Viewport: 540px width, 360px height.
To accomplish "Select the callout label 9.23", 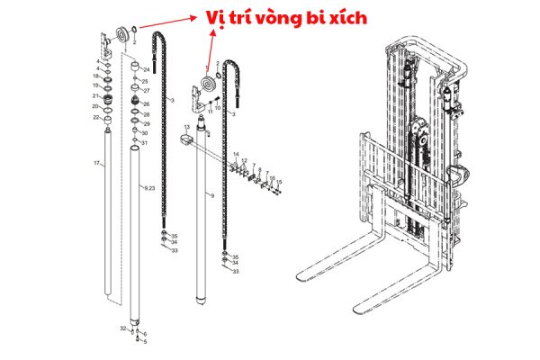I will coord(150,187).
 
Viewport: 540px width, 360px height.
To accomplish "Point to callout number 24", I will coord(147,69).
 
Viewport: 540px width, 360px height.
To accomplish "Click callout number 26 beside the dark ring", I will coord(146,103).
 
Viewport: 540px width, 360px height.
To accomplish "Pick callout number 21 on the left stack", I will coord(95,95).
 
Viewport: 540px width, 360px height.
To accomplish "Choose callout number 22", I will coord(95,118).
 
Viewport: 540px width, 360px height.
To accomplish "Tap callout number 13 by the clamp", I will coord(186,128).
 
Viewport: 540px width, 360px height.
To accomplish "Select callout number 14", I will coord(236,155).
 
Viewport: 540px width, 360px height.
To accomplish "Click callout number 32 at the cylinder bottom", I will coord(123,329).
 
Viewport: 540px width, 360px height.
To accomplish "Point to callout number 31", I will coord(145,142).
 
